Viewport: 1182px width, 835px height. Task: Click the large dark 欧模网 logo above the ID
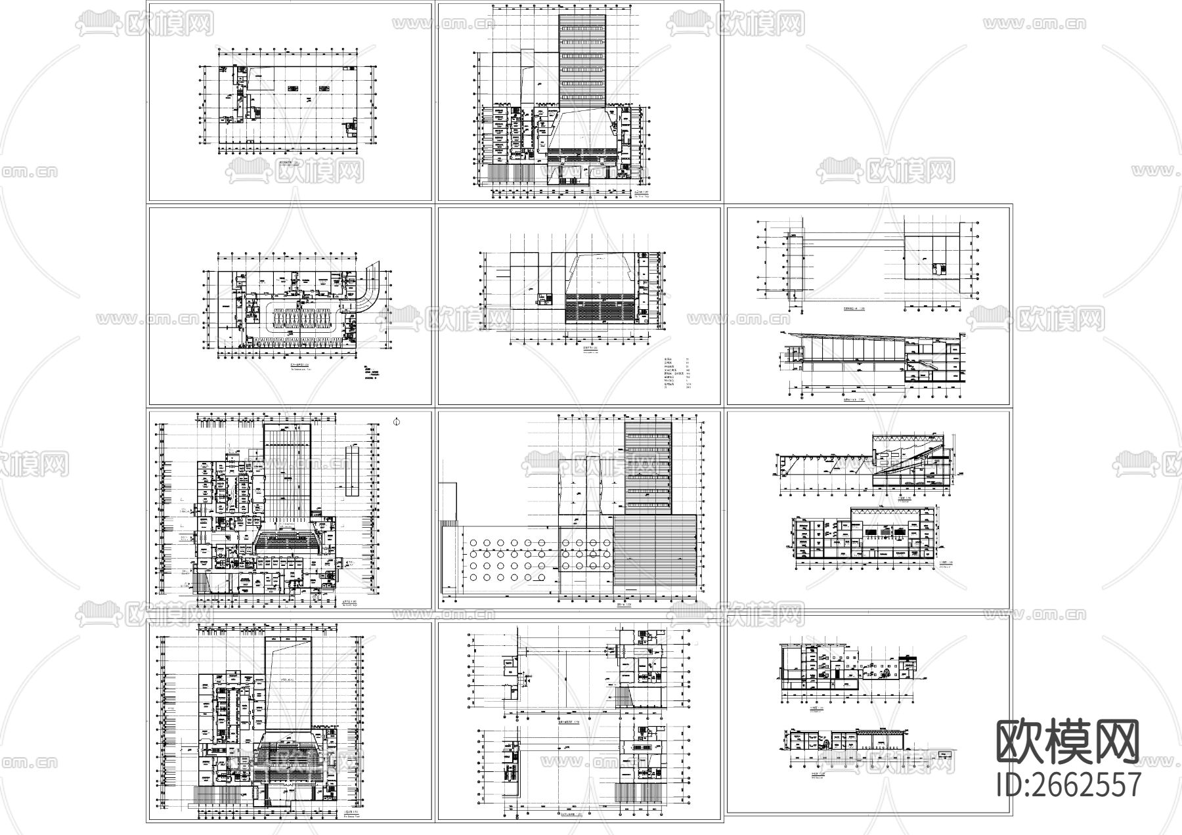(1068, 742)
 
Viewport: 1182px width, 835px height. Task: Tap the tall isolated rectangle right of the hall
(351, 471)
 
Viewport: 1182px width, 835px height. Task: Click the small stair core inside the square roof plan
(937, 268)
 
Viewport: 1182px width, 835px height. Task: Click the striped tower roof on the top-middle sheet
(582, 59)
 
